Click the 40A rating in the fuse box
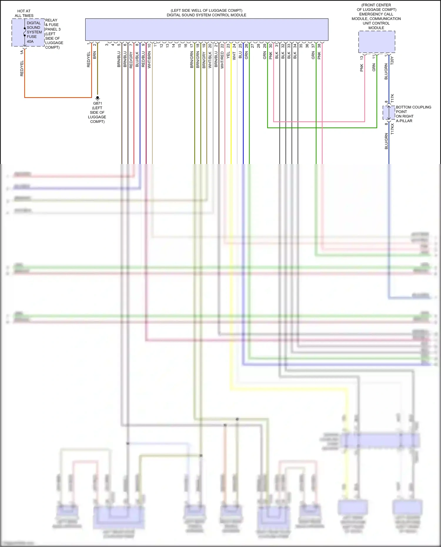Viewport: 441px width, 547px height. pos(30,41)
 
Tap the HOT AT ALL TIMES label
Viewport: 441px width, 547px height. pos(24,13)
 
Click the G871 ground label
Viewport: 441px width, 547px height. pos(98,103)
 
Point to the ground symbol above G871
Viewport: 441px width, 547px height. pos(98,98)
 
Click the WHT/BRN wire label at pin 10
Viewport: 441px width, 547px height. pos(149,60)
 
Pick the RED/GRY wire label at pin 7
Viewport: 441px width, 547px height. pos(131,60)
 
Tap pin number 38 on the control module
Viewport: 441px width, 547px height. pos(319,46)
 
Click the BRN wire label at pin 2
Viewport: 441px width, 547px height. pos(95,55)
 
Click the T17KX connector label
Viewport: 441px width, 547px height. pos(392,129)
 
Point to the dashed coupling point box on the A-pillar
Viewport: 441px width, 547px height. pos(389,113)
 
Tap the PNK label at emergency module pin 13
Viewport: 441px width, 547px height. pos(362,68)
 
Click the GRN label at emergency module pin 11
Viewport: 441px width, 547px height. pos(374,67)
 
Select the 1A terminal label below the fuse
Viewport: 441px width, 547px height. pos(22,52)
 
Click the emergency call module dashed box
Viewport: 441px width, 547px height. pos(377,42)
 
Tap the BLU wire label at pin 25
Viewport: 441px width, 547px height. pos(240,55)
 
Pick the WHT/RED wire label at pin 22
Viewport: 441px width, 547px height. pos(222,60)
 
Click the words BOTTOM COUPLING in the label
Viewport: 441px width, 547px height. pos(413,107)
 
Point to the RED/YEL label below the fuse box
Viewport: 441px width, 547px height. pos(22,68)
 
